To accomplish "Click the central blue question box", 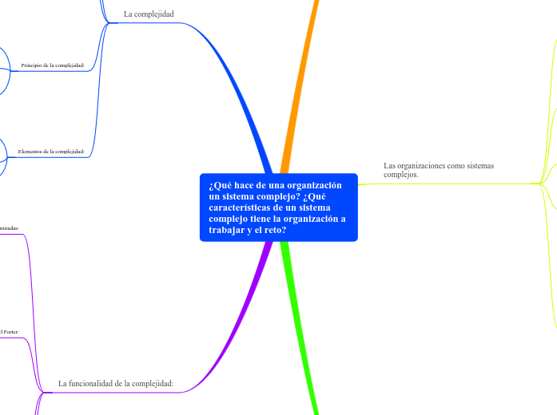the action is [278, 207].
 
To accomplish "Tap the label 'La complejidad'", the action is [149, 14].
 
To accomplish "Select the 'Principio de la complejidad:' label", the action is [53, 65].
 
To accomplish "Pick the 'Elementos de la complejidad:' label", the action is [51, 151].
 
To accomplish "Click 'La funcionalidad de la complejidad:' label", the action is [116, 383].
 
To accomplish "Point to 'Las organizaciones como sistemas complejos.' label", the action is [438, 169].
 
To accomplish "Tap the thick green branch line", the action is [303, 335].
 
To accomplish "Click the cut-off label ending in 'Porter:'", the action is [9, 331].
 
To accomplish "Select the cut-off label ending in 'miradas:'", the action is [9, 227].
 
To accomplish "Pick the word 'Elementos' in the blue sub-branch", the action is [32, 151].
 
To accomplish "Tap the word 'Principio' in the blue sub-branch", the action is [34, 65].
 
